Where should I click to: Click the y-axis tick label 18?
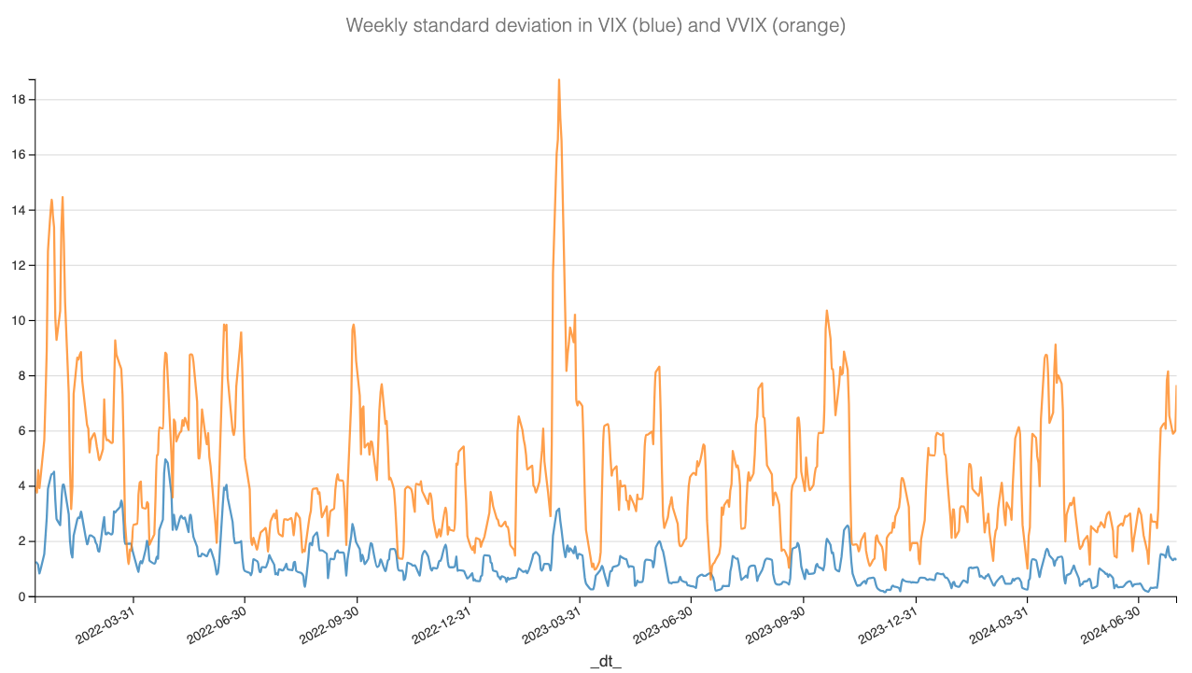pyautogui.click(x=18, y=100)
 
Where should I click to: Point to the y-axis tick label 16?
pyautogui.click(x=18, y=155)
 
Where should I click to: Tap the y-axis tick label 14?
pyautogui.click(x=18, y=210)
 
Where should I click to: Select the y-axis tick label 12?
pyautogui.click(x=18, y=265)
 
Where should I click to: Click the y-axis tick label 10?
pyautogui.click(x=18, y=320)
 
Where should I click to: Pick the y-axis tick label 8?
pyautogui.click(x=21, y=375)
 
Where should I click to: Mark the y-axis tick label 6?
pyautogui.click(x=21, y=430)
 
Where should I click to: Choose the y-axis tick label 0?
pyautogui.click(x=21, y=596)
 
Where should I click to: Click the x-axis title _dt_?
pyautogui.click(x=606, y=661)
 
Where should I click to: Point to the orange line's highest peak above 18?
pyautogui.click(x=558, y=80)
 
